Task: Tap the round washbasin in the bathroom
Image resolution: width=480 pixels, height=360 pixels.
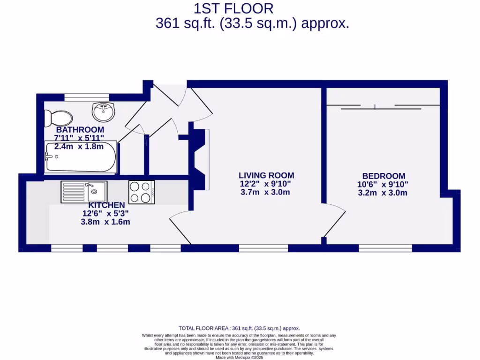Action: click(x=103, y=112)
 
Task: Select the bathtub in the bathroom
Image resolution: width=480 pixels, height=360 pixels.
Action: click(x=80, y=157)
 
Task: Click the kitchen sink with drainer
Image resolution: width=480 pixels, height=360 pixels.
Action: click(x=84, y=192)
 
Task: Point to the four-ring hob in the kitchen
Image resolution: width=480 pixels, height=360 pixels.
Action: click(x=142, y=192)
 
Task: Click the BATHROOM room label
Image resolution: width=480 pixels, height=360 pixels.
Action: click(x=80, y=130)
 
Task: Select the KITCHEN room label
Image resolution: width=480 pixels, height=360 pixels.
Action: click(x=107, y=205)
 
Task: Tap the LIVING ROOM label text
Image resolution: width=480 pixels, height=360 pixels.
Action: click(x=266, y=175)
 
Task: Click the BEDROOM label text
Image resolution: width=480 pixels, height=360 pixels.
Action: click(x=383, y=176)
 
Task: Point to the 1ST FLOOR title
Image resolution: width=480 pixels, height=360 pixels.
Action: click(x=233, y=8)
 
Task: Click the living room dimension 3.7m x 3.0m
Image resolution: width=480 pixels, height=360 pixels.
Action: click(x=265, y=192)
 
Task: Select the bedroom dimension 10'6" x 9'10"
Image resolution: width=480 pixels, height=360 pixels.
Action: click(x=382, y=184)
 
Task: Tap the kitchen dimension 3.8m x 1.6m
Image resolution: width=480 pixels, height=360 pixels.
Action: click(x=105, y=222)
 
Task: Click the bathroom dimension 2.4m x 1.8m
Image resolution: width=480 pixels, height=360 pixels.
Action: click(x=78, y=146)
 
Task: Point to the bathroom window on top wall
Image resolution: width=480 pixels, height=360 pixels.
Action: click(x=87, y=97)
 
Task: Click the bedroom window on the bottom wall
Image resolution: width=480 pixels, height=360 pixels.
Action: click(x=385, y=248)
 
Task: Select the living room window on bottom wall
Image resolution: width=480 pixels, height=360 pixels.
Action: click(x=263, y=248)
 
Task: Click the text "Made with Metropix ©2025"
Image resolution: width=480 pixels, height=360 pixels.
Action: click(x=240, y=357)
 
